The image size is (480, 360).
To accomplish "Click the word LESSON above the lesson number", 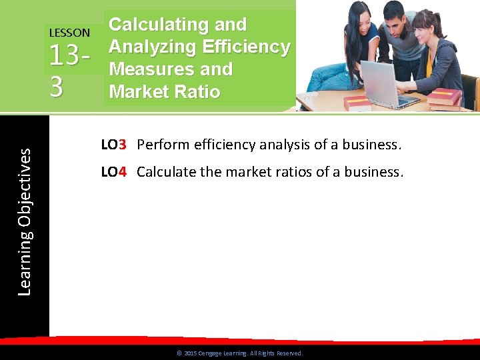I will tap(69, 32).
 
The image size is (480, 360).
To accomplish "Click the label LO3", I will tap(114, 144).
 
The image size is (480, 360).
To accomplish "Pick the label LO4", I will tap(114, 172).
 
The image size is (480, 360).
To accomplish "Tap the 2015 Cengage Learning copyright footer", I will tap(239, 353).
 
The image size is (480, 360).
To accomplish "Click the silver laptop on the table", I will tap(387, 83).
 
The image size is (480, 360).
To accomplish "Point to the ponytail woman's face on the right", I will tap(424, 27).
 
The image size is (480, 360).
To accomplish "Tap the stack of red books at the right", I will tap(444, 99).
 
